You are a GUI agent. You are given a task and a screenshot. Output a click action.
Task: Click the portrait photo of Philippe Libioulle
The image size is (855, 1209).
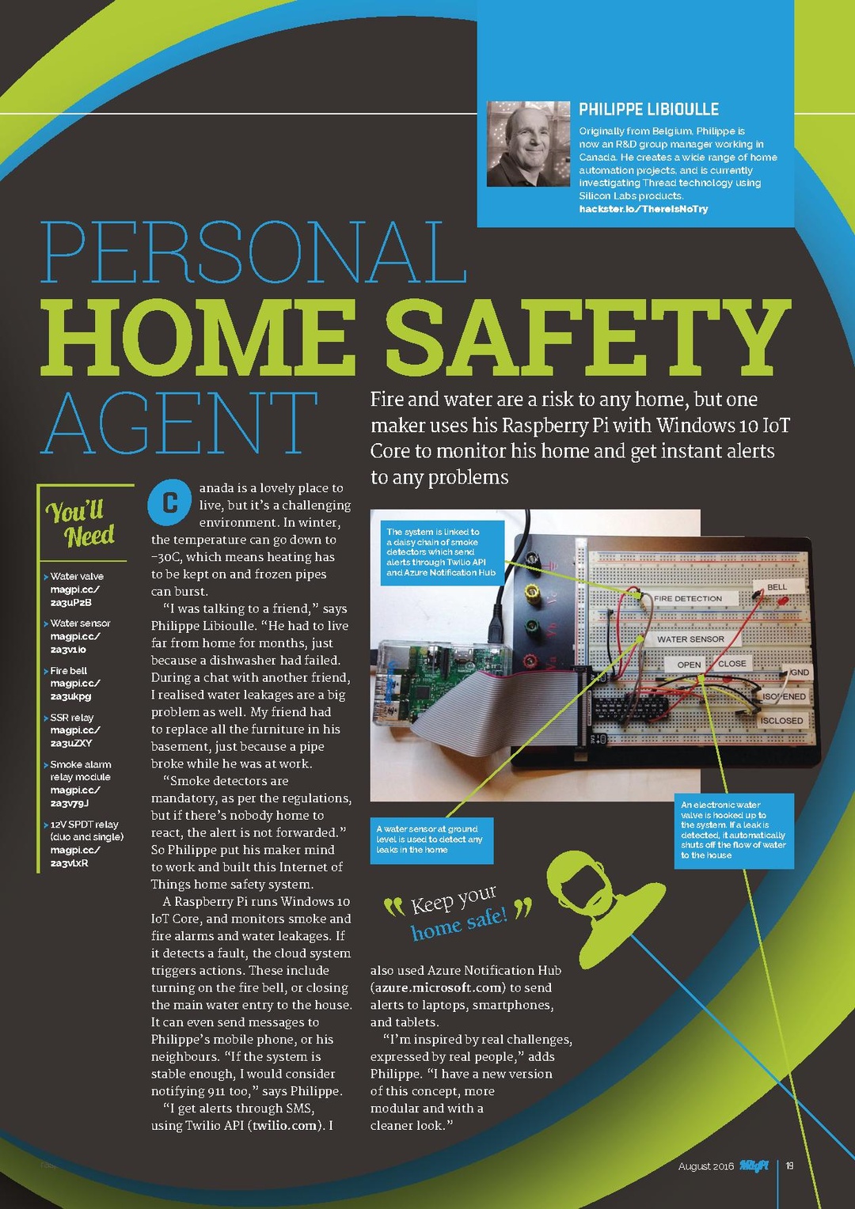point(527,144)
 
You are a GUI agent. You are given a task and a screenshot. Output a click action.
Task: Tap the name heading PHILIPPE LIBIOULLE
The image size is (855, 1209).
point(648,109)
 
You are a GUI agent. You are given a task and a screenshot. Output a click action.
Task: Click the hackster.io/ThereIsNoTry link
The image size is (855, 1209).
point(643,209)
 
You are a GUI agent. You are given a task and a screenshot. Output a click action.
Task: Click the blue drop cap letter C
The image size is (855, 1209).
point(169,502)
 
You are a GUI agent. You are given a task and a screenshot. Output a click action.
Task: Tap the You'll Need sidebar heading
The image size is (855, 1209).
point(81,523)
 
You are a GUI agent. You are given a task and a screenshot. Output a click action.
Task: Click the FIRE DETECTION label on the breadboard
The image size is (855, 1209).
point(688,599)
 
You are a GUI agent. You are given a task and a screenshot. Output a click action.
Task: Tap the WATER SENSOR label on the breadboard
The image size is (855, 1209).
point(690,639)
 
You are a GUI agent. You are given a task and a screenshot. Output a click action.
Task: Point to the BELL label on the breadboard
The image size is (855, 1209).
point(777,587)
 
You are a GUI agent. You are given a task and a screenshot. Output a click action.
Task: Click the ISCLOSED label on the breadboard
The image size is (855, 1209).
point(781,721)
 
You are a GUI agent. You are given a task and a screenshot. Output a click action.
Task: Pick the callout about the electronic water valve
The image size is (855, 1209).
point(733,830)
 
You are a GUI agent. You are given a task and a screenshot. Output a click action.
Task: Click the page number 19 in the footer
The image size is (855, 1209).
point(789,1165)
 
